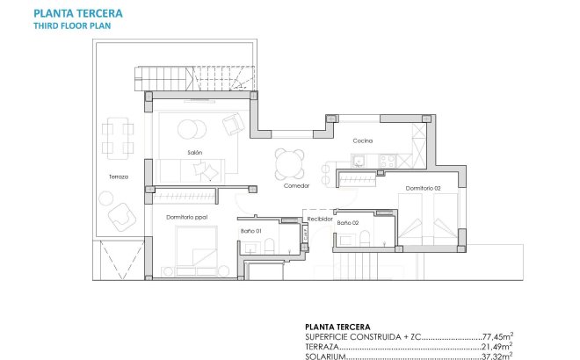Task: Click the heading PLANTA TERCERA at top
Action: click(78, 14)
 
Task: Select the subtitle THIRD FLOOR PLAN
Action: click(72, 26)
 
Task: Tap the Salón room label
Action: click(195, 153)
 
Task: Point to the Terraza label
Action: click(119, 176)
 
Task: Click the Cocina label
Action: click(363, 140)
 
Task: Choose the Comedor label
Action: click(295, 185)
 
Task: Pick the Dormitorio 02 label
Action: click(423, 189)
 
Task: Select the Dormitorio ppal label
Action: click(186, 216)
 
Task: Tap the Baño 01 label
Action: click(251, 231)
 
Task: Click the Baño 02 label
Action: click(348, 222)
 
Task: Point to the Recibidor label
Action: click(318, 219)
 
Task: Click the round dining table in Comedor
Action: click(287, 163)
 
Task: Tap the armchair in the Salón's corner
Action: click(233, 125)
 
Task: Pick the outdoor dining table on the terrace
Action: click(117, 138)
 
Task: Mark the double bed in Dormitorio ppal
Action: click(195, 249)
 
